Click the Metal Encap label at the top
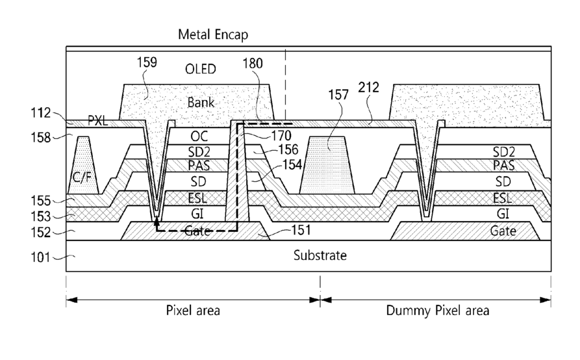pos(213,34)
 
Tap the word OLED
pos(201,69)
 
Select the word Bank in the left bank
pos(201,102)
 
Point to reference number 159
pos(147,62)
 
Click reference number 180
pos(253,63)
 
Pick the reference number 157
pos(338,95)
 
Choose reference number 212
pos(368,87)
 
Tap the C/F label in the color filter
pos(82,177)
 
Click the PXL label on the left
pos(97,121)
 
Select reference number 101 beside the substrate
pos(40,257)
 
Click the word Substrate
pos(320,255)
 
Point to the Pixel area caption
pos(193,310)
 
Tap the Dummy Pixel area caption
pos(438,310)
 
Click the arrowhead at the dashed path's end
pos(157,221)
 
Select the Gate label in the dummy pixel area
pos(503,231)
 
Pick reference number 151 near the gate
pos(301,230)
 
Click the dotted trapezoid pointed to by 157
pos(327,166)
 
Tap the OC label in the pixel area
pos(199,136)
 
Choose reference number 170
pos(281,136)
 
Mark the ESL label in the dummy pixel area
pos(502,198)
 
